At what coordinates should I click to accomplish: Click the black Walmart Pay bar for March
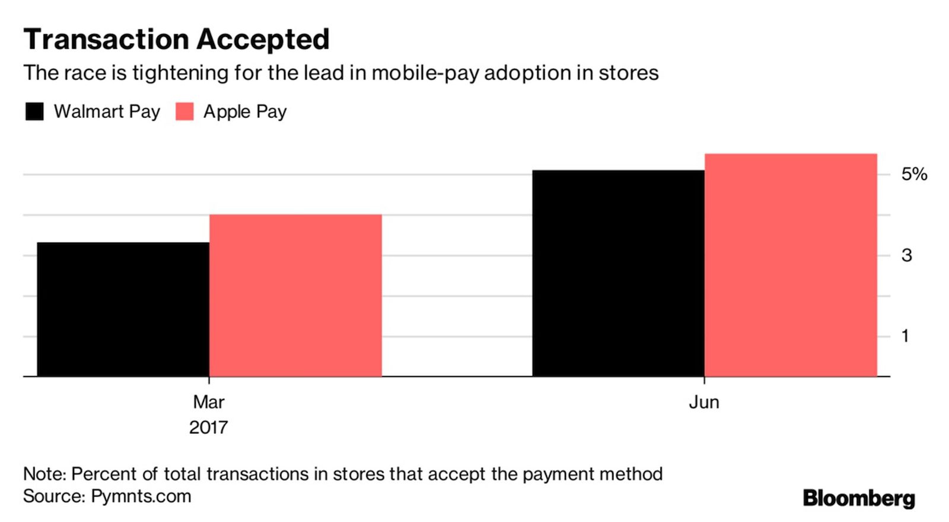pyautogui.click(x=123, y=309)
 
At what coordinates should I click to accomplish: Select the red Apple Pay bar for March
pyautogui.click(x=295, y=295)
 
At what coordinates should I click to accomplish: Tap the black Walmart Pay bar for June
pyautogui.click(x=618, y=273)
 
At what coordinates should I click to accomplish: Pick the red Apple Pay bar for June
pyautogui.click(x=791, y=265)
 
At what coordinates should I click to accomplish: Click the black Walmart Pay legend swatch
pyautogui.click(x=34, y=111)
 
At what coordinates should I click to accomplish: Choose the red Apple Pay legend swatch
pyautogui.click(x=184, y=111)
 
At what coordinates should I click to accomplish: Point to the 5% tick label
pyautogui.click(x=914, y=174)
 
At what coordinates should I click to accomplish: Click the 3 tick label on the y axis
pyautogui.click(x=906, y=255)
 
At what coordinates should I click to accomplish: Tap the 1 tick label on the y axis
pyautogui.click(x=905, y=336)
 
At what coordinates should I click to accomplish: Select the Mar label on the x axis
pyautogui.click(x=209, y=402)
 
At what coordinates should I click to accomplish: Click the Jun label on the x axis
pyautogui.click(x=704, y=402)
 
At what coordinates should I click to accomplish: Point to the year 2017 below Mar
pyautogui.click(x=208, y=427)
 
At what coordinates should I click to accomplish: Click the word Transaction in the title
pyautogui.click(x=107, y=40)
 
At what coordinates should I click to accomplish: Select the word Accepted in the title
pyautogui.click(x=263, y=40)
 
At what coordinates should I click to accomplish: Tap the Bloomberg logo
pyautogui.click(x=859, y=498)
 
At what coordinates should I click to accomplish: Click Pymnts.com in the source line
pyautogui.click(x=141, y=497)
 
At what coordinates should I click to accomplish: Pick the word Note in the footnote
pyautogui.click(x=43, y=474)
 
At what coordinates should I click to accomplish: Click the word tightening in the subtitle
pyautogui.click(x=180, y=73)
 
